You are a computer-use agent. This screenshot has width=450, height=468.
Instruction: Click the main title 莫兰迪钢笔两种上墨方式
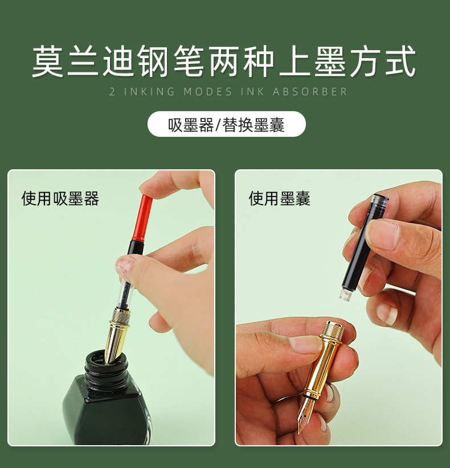[x=224, y=62]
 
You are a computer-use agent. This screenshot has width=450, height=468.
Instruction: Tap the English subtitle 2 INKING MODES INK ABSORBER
[x=228, y=92]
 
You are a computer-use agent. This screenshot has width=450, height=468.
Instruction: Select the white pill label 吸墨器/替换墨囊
[x=226, y=124]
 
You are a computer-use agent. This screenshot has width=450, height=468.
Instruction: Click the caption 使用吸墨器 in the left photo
[x=60, y=198]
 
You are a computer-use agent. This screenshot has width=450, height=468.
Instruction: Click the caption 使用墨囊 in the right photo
[x=279, y=198]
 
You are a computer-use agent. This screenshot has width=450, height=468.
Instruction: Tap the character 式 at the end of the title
[x=402, y=62]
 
